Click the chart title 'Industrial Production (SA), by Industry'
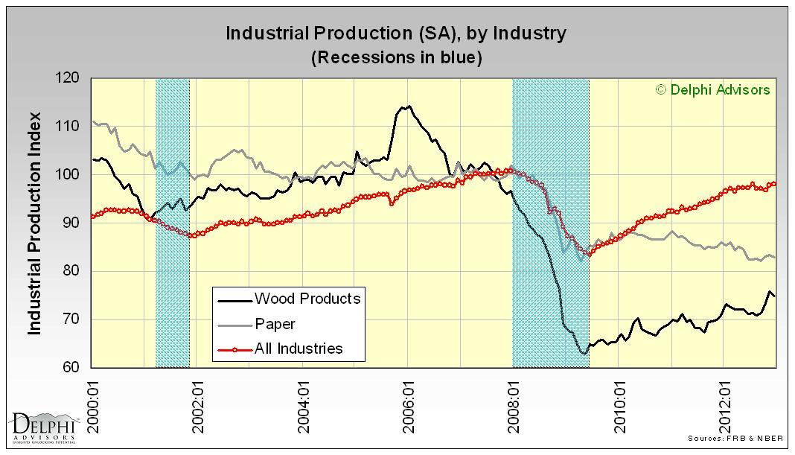tap(395, 34)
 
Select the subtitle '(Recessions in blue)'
tap(395, 57)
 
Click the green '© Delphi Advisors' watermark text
tap(712, 90)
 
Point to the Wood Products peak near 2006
tap(406, 106)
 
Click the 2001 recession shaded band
tap(172, 223)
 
